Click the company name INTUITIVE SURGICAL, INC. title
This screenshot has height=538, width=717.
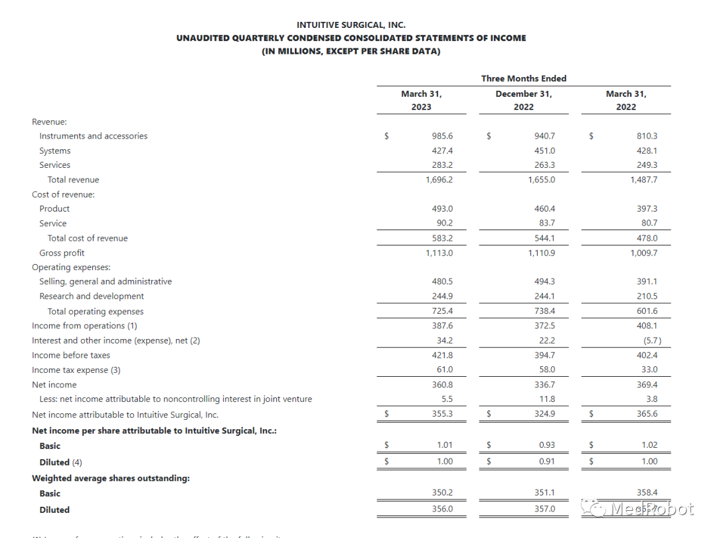tap(351, 25)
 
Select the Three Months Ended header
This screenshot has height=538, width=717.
tap(523, 78)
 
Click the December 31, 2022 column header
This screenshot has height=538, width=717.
tap(523, 100)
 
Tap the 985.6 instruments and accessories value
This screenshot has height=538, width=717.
tap(441, 136)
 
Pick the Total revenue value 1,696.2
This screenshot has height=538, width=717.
tap(439, 180)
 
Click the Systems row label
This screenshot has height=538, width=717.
tap(54, 151)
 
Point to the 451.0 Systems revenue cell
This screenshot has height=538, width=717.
tap(544, 151)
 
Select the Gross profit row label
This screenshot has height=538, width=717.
tap(62, 253)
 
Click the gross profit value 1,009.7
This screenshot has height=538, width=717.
tap(643, 253)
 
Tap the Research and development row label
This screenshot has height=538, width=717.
tap(91, 297)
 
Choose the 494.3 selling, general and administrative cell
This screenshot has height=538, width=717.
tap(544, 281)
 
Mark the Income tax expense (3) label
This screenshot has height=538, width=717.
tap(76, 370)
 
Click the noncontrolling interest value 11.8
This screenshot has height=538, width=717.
tap(547, 399)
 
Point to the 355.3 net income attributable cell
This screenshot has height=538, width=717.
tap(441, 414)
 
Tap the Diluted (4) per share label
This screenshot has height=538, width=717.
tap(60, 462)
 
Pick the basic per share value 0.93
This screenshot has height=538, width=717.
tap(547, 445)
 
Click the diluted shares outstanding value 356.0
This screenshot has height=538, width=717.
tap(441, 509)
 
